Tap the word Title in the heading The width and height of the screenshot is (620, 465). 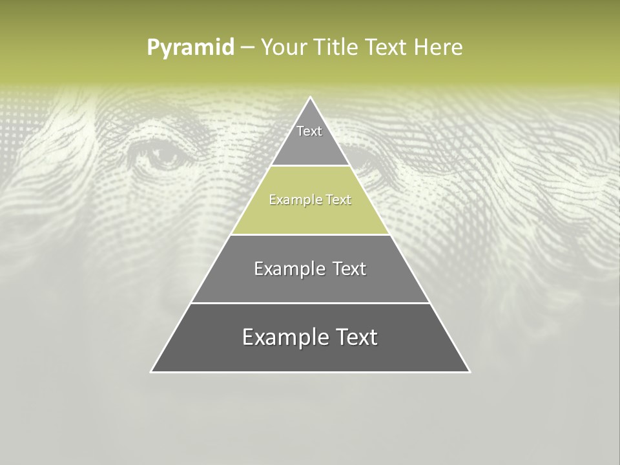tap(336, 48)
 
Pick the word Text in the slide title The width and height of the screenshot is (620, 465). tap(386, 48)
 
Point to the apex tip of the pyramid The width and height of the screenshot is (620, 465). tap(310, 98)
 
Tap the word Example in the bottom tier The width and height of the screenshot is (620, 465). tap(282, 337)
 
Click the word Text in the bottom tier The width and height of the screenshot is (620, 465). tap(353, 337)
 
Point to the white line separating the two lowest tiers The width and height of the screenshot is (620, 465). tap(310, 303)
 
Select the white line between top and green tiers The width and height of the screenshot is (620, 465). tap(310, 166)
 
